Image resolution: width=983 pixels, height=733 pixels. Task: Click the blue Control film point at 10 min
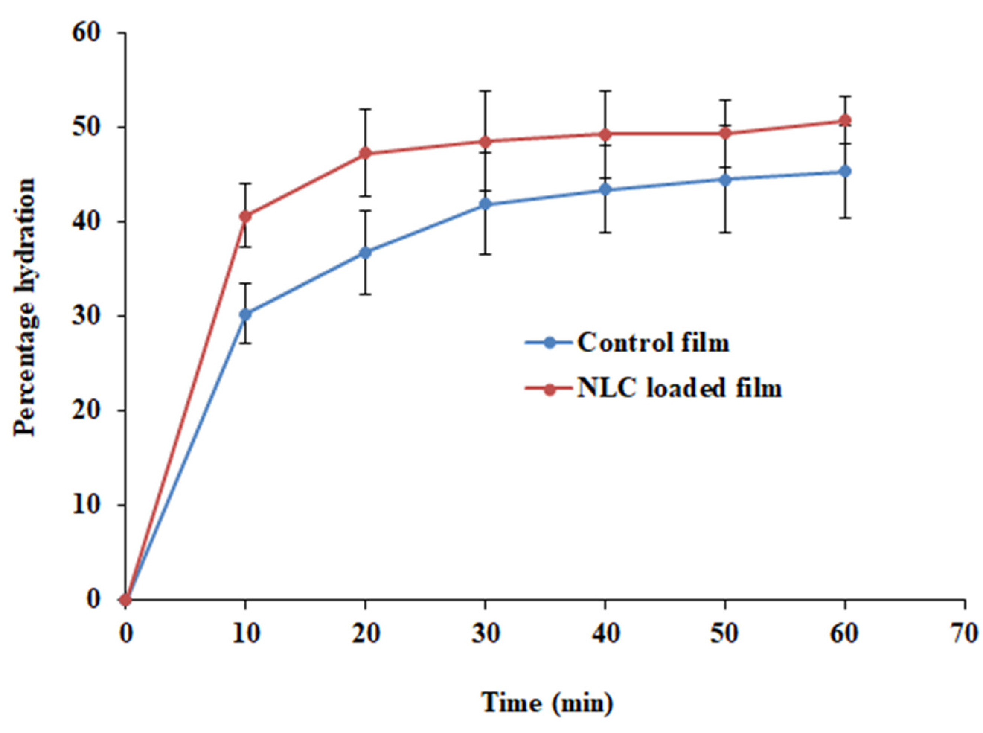245,314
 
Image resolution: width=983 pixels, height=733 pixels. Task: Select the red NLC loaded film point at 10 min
245,216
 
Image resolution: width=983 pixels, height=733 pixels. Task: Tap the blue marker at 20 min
365,253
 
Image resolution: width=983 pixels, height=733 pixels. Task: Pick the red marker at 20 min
365,153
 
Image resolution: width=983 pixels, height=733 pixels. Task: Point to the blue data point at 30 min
485,204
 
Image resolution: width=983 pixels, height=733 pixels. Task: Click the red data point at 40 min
605,134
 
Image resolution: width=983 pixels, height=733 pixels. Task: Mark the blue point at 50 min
725,180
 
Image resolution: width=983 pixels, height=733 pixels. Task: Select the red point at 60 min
845,120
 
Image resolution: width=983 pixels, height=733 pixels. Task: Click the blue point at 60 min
845,171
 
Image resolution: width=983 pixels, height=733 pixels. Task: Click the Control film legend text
653,343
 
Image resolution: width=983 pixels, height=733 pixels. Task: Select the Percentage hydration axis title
25,307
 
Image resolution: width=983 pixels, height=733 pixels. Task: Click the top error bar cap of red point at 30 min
485,91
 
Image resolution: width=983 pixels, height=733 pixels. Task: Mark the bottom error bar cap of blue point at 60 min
845,218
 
